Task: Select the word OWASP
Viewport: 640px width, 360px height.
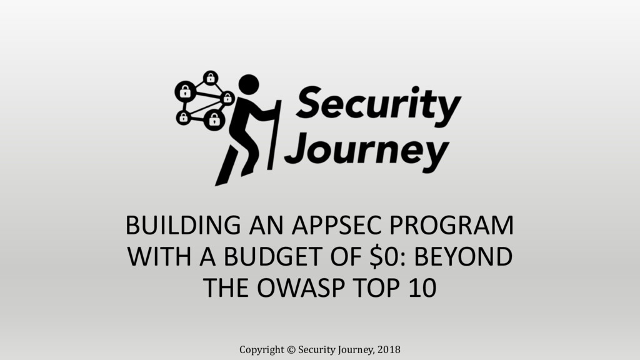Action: click(299, 288)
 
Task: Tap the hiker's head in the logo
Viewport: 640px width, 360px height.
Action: click(249, 84)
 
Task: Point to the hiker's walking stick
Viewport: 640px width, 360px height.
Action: click(274, 134)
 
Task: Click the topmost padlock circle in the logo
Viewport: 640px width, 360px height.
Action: click(211, 77)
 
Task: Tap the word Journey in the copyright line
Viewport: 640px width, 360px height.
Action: click(354, 349)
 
